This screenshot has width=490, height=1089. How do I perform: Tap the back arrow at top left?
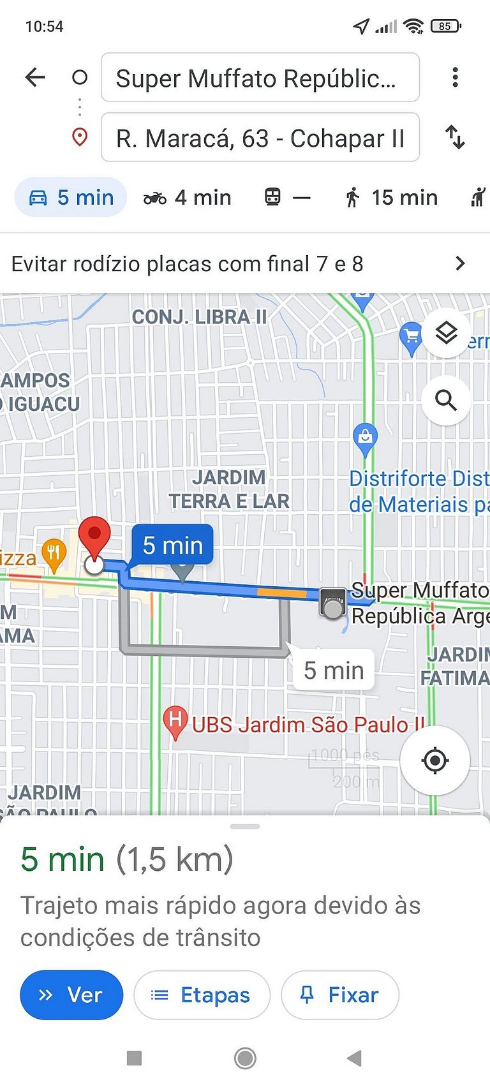(x=35, y=78)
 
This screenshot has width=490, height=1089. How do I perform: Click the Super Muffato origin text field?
(x=260, y=78)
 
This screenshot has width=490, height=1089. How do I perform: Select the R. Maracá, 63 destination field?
(x=260, y=138)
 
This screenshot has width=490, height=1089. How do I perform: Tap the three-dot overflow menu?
(x=455, y=78)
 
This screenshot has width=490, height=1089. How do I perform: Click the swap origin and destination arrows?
(x=455, y=137)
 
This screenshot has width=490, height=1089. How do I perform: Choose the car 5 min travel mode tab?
(x=71, y=198)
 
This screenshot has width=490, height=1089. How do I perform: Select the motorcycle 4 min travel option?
(x=187, y=198)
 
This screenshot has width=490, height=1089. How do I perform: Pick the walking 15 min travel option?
(x=391, y=198)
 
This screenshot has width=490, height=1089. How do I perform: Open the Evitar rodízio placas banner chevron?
(x=460, y=263)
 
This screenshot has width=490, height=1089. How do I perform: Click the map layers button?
(x=446, y=332)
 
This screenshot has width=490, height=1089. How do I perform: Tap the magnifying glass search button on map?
(x=446, y=401)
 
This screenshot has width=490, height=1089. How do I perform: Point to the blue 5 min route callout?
(x=172, y=545)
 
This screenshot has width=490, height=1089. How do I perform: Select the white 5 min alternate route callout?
(x=334, y=670)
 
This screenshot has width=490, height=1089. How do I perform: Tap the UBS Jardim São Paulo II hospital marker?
(x=174, y=722)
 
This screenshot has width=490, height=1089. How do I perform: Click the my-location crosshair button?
(x=435, y=760)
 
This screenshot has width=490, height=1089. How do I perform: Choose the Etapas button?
(x=202, y=995)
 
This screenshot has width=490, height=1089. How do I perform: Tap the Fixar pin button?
(x=339, y=995)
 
